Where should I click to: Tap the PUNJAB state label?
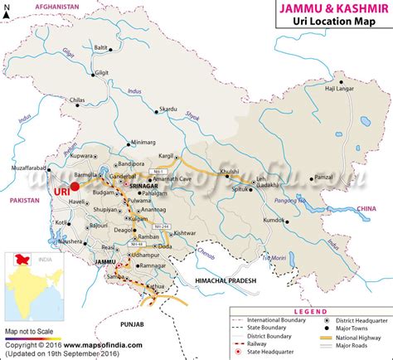pos(154,322)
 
